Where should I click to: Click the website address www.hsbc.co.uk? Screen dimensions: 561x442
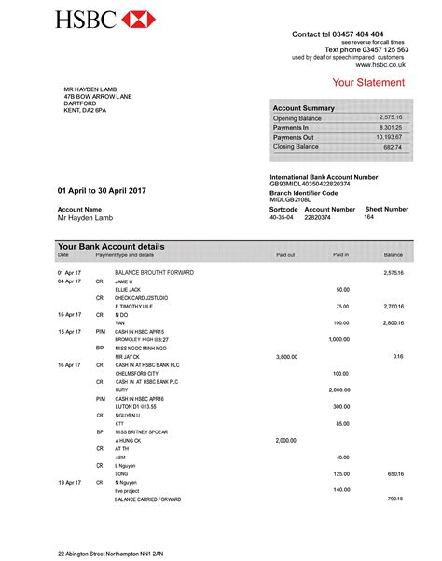[x=381, y=65]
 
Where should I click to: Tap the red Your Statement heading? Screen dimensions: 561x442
[x=368, y=83]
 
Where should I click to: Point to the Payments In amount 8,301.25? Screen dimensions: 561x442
[x=391, y=128]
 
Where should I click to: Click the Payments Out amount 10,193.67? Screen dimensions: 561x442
[x=389, y=137]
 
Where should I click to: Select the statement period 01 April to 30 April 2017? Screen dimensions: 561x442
[x=102, y=190]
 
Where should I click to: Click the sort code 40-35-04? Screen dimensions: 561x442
[x=281, y=217]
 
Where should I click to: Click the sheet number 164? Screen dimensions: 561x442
[x=368, y=217]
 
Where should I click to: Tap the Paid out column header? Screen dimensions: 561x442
[x=284, y=254]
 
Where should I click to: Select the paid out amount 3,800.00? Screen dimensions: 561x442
[x=286, y=357]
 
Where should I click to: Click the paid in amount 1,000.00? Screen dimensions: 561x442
[x=338, y=340]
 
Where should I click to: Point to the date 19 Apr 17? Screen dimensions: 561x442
[x=70, y=482]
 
